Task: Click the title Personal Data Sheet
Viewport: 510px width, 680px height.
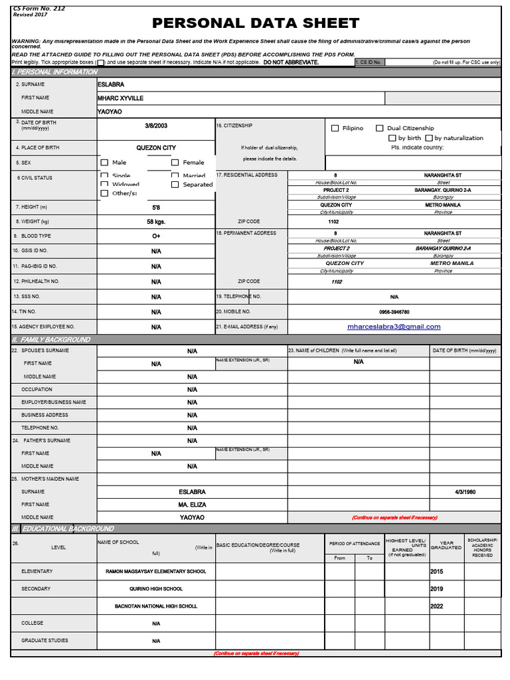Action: coord(256,24)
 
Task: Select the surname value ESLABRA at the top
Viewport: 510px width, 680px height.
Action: coord(110,85)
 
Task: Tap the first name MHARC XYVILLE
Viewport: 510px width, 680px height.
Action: coord(120,98)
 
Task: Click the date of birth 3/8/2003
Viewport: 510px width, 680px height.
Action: coord(156,126)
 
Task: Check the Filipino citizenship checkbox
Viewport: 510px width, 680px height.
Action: coord(335,128)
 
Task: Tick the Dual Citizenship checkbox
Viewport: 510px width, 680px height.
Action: coord(380,128)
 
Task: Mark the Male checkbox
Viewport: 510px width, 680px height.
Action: coord(104,162)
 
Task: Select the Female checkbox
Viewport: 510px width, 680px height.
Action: coord(175,162)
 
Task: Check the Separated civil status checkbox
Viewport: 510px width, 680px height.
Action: coord(175,185)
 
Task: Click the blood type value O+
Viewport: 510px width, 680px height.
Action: coord(156,236)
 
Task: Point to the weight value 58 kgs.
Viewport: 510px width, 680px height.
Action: coord(156,222)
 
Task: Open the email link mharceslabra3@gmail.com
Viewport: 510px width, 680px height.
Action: coord(394,327)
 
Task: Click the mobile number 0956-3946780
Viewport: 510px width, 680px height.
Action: coord(394,311)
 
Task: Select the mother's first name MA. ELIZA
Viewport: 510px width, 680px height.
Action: coord(192,505)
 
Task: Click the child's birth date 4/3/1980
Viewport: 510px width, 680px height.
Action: coord(465,492)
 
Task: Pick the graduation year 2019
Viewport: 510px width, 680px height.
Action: coord(437,589)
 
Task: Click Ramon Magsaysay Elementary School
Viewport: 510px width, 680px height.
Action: coord(156,572)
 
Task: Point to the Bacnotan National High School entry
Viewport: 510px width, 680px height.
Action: coord(156,606)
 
